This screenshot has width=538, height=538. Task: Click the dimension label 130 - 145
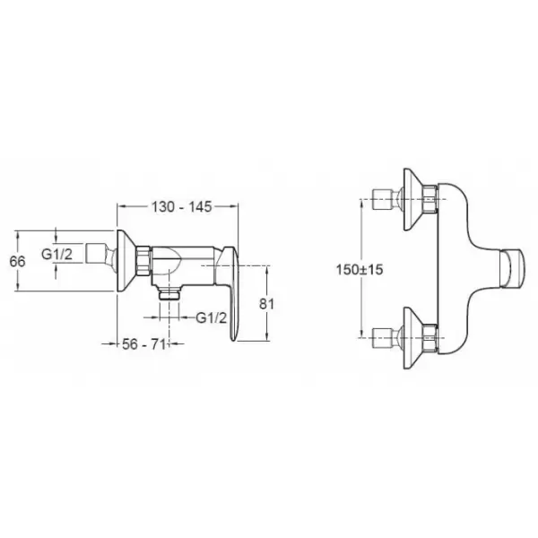[x=181, y=207]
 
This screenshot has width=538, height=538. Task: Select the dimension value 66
[x=17, y=262]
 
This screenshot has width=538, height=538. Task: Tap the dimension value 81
[x=266, y=304]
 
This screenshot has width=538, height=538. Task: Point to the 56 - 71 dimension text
[x=143, y=344]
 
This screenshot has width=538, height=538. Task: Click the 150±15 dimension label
[x=360, y=269]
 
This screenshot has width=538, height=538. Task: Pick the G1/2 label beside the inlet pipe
[x=57, y=255]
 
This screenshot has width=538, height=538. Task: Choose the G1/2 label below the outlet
[x=212, y=318]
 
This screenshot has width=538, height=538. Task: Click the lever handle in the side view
[x=229, y=291]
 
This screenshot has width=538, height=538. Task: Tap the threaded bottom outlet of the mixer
[x=169, y=294]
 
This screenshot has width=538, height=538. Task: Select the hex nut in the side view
[x=143, y=260]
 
